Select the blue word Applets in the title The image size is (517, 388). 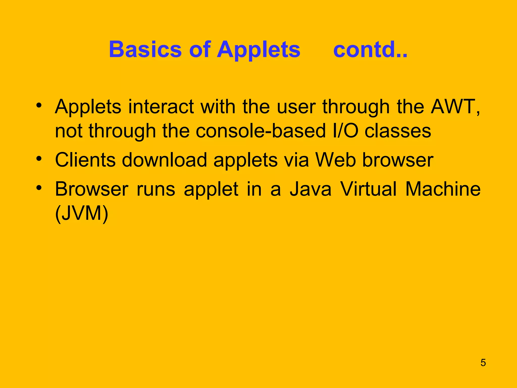258,50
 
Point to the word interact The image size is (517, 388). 161,107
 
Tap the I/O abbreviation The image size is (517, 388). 345,131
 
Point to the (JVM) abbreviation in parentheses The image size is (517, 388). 82,214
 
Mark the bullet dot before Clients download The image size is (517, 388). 39,159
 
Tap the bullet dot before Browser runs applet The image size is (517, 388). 39,188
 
